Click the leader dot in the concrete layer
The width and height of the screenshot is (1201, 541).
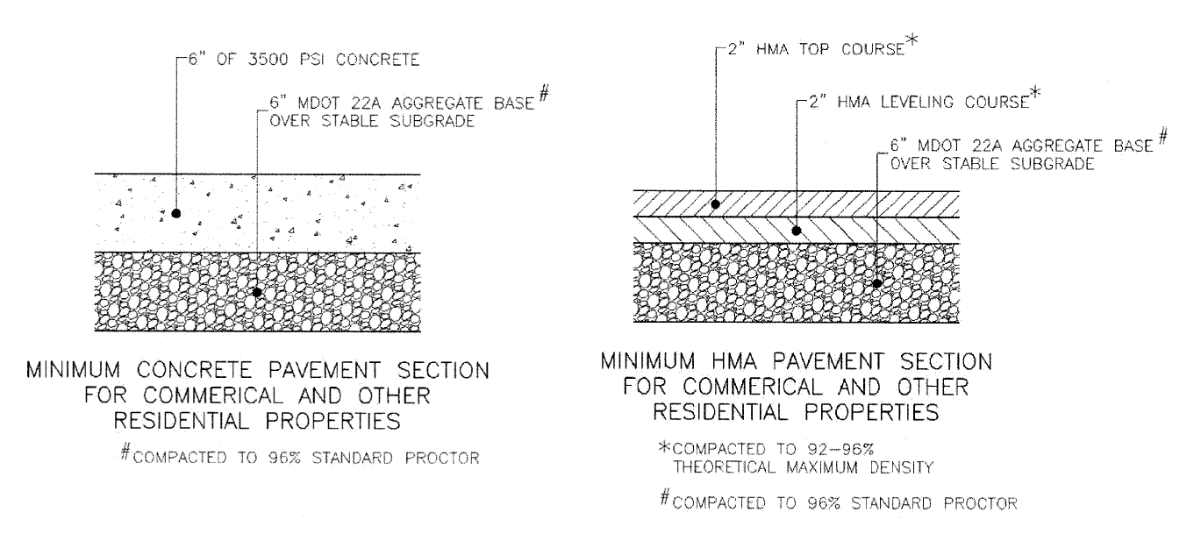pyautogui.click(x=175, y=213)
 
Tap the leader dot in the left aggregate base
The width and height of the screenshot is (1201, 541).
pyautogui.click(x=257, y=292)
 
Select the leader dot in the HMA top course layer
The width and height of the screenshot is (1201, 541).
pyautogui.click(x=715, y=204)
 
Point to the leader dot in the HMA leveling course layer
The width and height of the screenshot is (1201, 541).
pyautogui.click(x=797, y=231)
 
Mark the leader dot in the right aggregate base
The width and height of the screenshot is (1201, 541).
pyautogui.click(x=877, y=283)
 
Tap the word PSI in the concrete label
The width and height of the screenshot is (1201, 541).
pyautogui.click(x=311, y=60)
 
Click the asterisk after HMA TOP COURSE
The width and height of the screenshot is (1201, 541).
pyautogui.click(x=911, y=39)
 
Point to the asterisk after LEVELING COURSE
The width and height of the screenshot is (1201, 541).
pyautogui.click(x=1035, y=92)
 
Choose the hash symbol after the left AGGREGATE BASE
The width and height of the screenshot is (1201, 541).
pyautogui.click(x=544, y=93)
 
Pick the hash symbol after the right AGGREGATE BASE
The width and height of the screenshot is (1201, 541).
pyautogui.click(x=1162, y=136)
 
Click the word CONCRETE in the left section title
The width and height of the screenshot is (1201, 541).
pyautogui.click(x=195, y=370)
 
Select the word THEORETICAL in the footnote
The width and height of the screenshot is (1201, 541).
pyautogui.click(x=725, y=467)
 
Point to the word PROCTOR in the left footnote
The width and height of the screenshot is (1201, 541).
pyautogui.click(x=442, y=458)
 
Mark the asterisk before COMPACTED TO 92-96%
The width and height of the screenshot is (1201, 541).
pyautogui.click(x=665, y=446)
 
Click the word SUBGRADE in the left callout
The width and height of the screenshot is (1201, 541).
pyautogui.click(x=433, y=121)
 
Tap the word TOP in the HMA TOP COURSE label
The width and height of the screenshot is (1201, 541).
pyautogui.click(x=814, y=49)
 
